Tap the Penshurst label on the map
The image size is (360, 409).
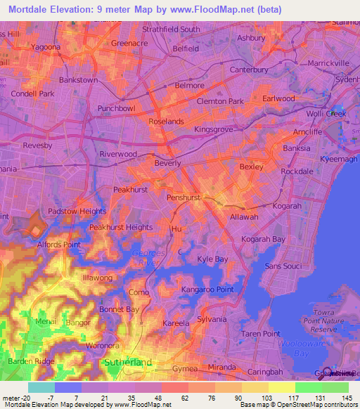pos(184,198)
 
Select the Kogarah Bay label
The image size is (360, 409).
pos(263,240)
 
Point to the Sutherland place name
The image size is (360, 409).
pos(127,362)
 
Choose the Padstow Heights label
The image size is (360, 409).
pos(77,211)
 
